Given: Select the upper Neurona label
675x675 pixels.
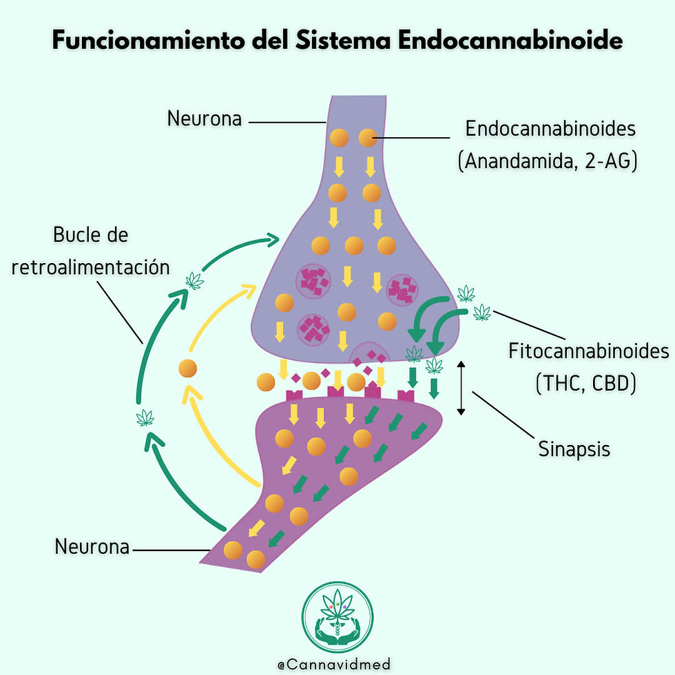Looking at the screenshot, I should coord(205,118).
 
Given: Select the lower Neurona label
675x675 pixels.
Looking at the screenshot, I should coord(92,548).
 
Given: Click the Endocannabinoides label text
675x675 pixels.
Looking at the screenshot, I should coord(550,129).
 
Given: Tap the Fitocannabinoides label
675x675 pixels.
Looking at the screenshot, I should coord(589,351).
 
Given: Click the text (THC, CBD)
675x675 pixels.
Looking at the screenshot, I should coord(585,382).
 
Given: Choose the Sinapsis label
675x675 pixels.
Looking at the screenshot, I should coord(574,449).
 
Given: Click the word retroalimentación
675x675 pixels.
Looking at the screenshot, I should coord(91,267).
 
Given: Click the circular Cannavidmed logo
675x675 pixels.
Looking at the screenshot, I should coord(337,616).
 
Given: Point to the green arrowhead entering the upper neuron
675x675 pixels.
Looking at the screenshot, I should coord(271,239).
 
